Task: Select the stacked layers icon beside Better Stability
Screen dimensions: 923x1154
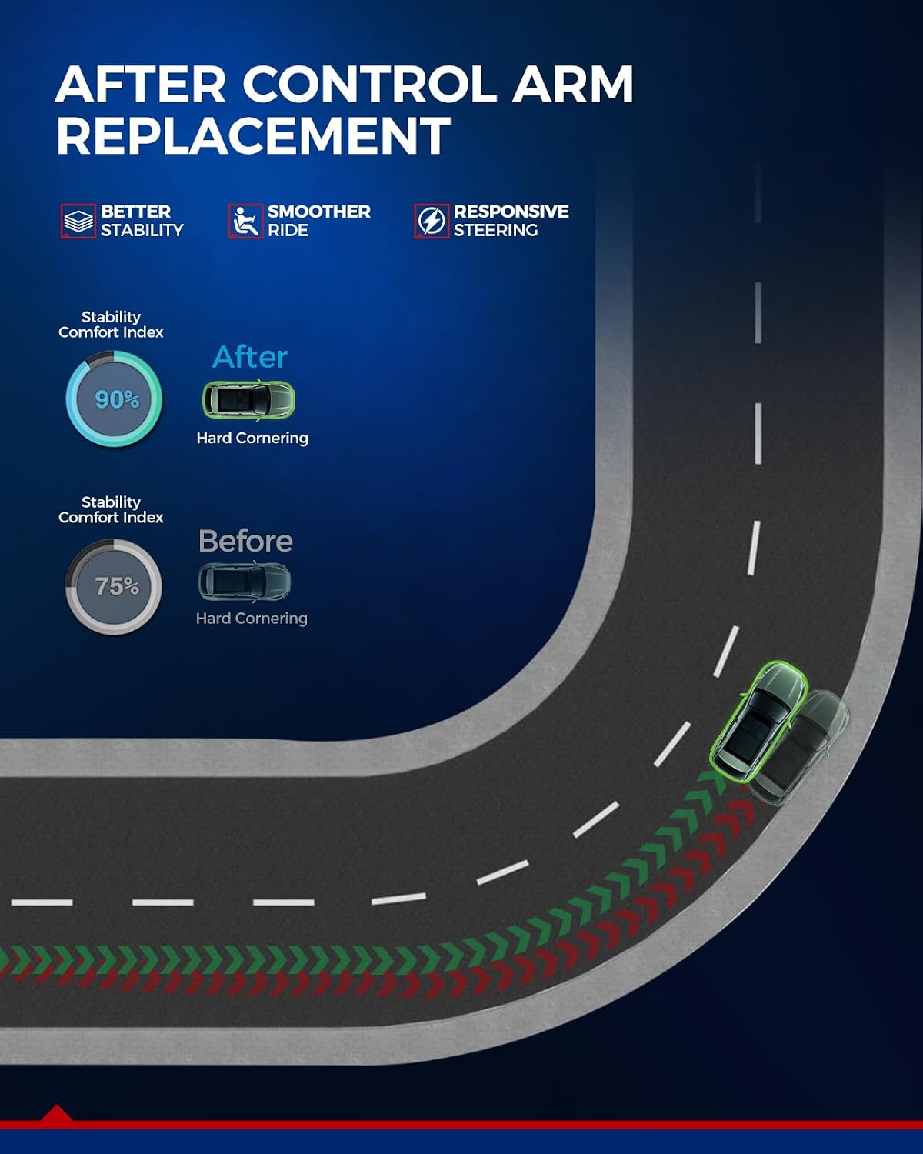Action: tap(78, 221)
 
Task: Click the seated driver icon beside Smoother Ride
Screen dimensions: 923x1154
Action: tap(245, 221)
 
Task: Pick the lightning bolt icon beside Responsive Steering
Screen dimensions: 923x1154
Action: tap(432, 221)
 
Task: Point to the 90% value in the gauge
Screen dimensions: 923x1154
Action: tap(116, 399)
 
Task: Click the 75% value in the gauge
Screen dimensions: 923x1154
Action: tap(117, 586)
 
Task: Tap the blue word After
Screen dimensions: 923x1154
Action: tap(250, 357)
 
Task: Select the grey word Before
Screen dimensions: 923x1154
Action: tap(245, 541)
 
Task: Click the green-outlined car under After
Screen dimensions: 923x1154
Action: tap(248, 400)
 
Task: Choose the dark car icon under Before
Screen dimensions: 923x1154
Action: tap(245, 582)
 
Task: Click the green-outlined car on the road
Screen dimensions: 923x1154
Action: tap(758, 719)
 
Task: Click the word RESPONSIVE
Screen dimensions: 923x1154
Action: tap(511, 212)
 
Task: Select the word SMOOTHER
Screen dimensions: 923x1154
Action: tap(319, 212)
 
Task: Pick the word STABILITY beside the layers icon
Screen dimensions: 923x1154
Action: tap(142, 230)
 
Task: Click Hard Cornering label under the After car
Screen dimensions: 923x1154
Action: tap(252, 438)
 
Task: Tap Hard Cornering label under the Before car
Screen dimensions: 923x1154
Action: tap(252, 619)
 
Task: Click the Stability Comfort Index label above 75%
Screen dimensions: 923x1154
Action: tap(111, 509)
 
